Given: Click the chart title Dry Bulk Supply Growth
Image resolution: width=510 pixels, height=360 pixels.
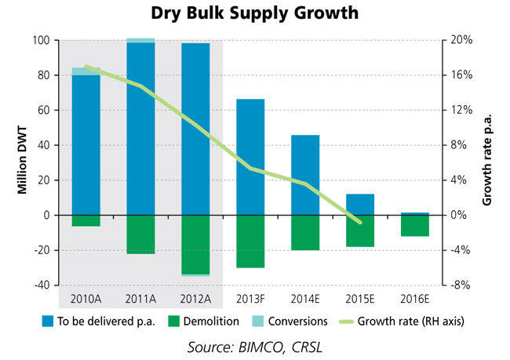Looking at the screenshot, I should pos(255,13).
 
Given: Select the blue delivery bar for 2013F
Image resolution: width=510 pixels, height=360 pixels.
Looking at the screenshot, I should pos(250,157).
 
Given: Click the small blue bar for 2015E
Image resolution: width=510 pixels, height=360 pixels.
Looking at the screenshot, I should pos(360,205).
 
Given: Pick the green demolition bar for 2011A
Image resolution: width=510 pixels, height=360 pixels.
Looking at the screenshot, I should pos(140,235).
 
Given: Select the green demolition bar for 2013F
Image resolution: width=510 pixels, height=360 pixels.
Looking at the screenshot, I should pos(250,242).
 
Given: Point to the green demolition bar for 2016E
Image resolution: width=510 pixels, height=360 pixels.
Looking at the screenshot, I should pos(415,226).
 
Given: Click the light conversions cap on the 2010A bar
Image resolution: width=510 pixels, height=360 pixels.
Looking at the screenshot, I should pos(86,71).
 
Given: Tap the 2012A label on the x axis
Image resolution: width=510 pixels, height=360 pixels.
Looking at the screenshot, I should pos(195,300).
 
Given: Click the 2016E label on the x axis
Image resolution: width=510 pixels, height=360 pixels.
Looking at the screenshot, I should pos(415,300).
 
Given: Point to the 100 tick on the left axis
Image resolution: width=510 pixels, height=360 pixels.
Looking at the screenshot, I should pos(39,40).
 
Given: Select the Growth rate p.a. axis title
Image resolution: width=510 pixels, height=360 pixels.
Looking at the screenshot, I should pos(489,162).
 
